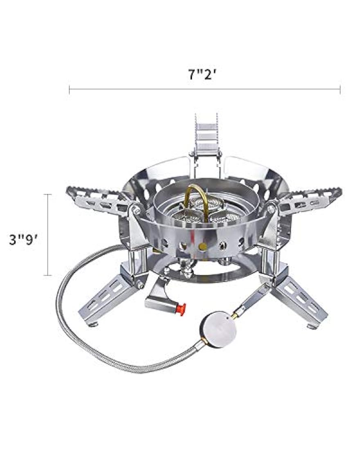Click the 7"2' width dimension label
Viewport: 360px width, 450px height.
[202, 75]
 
